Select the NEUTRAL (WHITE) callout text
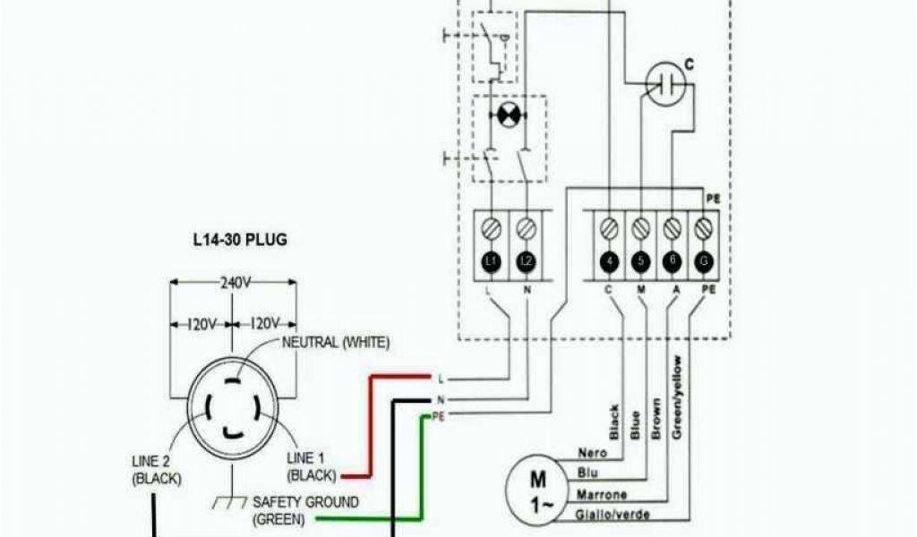tap(336, 342)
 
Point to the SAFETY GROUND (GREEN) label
tap(305, 509)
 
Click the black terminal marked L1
tap(490, 261)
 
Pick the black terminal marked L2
tap(526, 261)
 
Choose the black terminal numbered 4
tap(608, 261)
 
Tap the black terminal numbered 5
tap(639, 261)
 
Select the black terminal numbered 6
tap(672, 261)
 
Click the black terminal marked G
tap(704, 261)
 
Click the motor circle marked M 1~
tap(537, 491)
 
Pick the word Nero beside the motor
tap(595, 455)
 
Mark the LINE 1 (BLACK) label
tap(313, 465)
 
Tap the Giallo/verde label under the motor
tap(614, 515)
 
